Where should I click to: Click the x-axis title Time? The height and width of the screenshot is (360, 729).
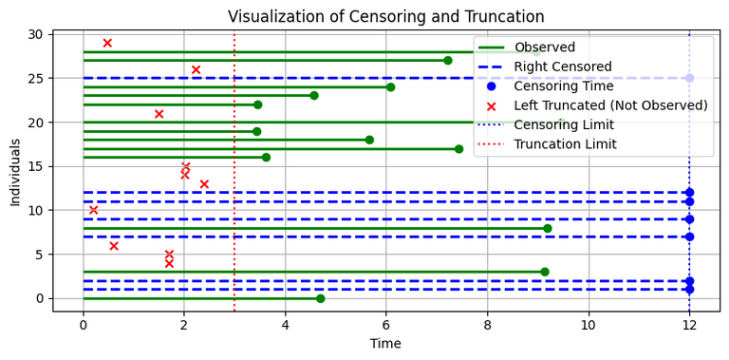pos(385,343)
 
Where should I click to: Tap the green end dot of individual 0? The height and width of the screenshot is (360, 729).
pos(320,298)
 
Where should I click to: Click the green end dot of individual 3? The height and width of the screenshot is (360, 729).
pos(545,272)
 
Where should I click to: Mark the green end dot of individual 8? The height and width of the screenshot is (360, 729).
pos(548,228)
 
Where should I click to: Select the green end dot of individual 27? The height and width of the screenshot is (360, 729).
pos(448,60)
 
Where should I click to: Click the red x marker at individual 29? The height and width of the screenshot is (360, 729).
pos(107,43)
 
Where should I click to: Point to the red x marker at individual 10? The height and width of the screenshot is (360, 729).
pos(93,210)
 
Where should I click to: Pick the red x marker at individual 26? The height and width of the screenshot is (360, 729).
pos(196,69)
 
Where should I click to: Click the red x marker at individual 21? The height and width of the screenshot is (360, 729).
pos(159,114)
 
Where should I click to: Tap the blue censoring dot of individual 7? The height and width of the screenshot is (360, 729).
pos(689,237)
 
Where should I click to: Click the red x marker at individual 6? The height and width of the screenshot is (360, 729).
pos(114,245)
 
